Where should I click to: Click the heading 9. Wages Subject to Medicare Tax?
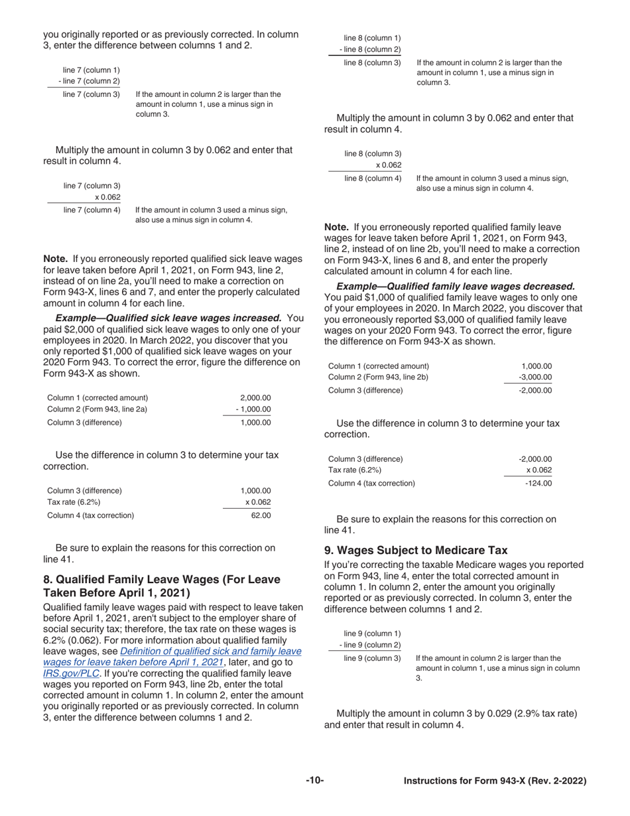click(416, 550)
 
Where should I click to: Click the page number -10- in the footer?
click(315, 780)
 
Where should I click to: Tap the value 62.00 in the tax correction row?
click(261, 515)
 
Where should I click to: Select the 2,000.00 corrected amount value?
click(255, 397)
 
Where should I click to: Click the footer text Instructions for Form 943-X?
click(495, 781)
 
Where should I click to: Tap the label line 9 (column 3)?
click(372, 658)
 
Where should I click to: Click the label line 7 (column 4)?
click(92, 210)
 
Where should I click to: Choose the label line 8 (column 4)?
click(373, 178)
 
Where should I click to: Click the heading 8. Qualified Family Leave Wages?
click(161, 586)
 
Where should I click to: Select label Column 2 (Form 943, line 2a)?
click(97, 409)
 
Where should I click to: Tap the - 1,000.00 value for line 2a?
click(253, 409)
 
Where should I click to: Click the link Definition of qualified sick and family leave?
click(211, 651)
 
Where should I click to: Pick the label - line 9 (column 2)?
click(370, 645)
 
